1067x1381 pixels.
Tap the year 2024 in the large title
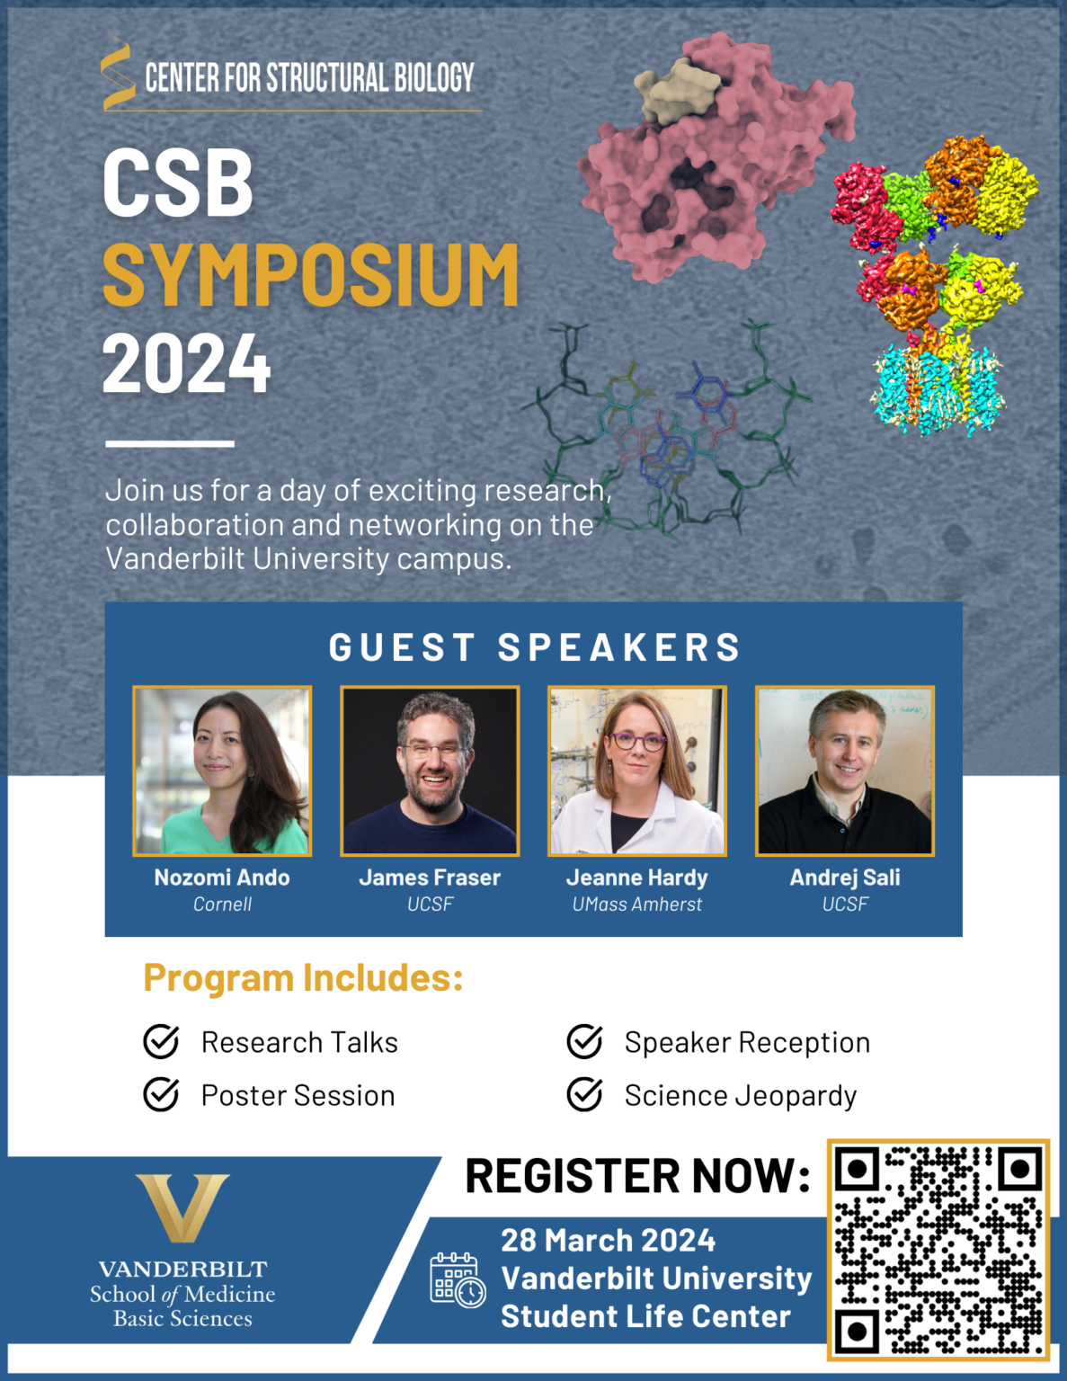tap(186, 364)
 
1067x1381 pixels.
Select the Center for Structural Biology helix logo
tap(118, 75)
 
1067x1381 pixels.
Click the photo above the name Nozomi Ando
tap(222, 771)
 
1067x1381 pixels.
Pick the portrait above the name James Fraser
tap(430, 771)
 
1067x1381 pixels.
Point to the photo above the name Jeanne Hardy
tap(637, 771)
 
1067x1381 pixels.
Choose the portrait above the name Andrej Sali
tap(845, 771)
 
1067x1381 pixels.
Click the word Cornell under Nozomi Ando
tap(222, 904)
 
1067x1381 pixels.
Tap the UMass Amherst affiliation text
tap(637, 904)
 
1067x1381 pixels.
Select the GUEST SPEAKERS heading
tap(535, 647)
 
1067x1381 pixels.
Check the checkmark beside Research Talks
tap(162, 1041)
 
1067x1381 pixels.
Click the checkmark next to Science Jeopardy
tap(585, 1094)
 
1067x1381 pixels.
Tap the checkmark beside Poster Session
tap(162, 1094)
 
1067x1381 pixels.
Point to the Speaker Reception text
tap(747, 1042)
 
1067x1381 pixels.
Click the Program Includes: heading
tap(303, 978)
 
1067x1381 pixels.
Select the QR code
tap(938, 1250)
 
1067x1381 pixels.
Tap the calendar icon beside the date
tap(458, 1279)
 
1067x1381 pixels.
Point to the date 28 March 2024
tap(608, 1241)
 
